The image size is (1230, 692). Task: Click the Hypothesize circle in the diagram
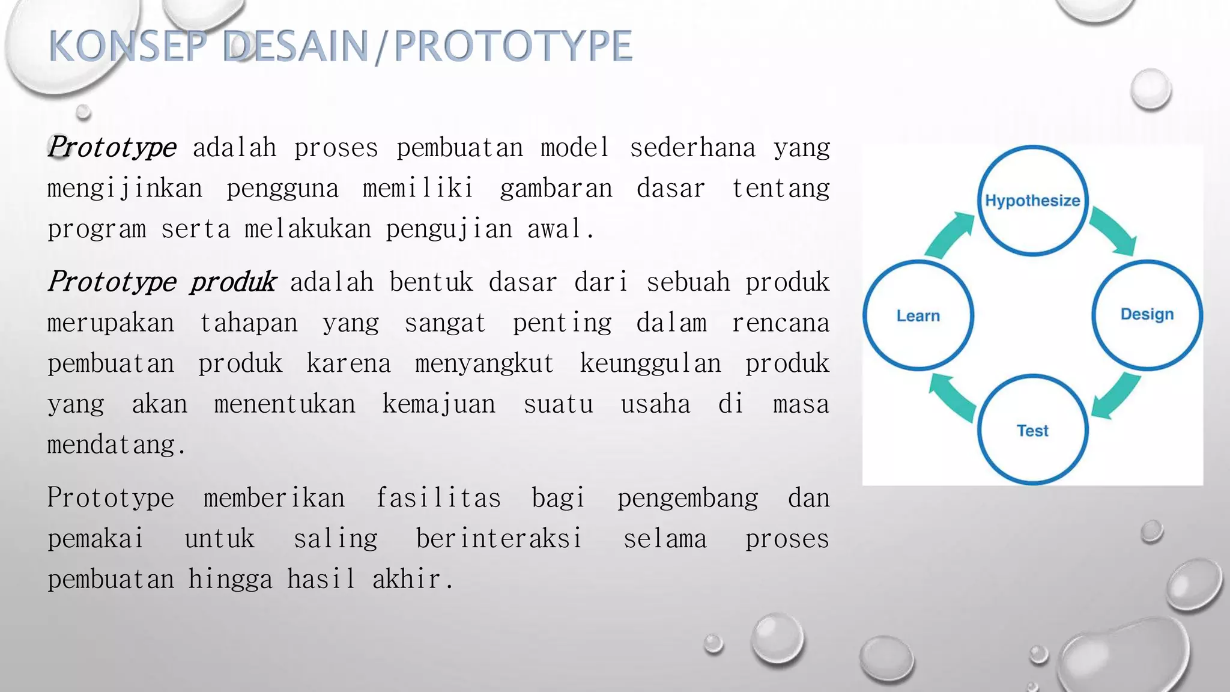tap(1032, 201)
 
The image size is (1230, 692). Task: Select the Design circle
tap(1147, 314)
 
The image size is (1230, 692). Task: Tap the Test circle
tap(1032, 430)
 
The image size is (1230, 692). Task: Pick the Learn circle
tap(918, 315)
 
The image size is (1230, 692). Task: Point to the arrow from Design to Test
tap(1115, 395)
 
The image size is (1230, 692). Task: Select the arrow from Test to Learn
tap(952, 396)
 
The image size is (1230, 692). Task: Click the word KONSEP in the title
tap(127, 46)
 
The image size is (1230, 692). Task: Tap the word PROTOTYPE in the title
tap(513, 46)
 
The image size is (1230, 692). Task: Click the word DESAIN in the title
tap(295, 46)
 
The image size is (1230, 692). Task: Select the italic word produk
tap(233, 282)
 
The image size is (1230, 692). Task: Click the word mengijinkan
tap(125, 189)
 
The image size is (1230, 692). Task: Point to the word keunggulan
tap(650, 363)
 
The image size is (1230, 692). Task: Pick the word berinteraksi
tap(498, 538)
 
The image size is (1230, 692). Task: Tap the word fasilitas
tap(438, 498)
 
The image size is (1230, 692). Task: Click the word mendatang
tap(116, 445)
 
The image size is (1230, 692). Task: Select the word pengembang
tap(688, 499)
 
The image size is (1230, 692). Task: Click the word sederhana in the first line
tap(692, 148)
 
